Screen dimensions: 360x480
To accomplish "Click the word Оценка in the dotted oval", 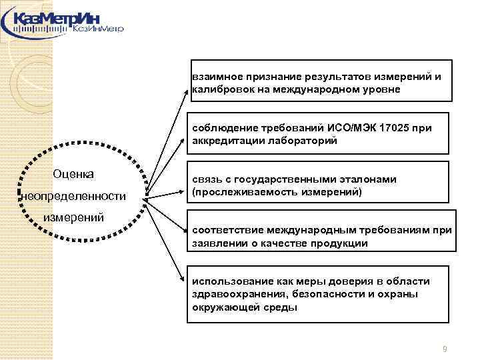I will coord(73,174).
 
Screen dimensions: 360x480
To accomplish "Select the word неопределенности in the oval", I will coord(73,196).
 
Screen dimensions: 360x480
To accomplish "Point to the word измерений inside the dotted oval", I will coord(73,217).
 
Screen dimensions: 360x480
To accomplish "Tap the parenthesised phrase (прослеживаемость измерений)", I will coord(277,192).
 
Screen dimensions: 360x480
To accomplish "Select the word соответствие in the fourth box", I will coord(225,231).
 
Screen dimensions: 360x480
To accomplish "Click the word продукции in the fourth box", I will coord(339,243).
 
